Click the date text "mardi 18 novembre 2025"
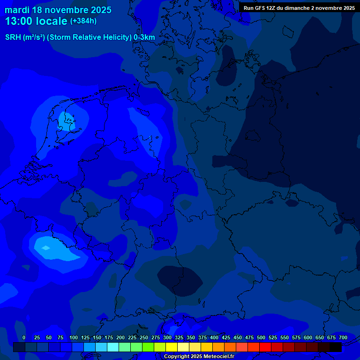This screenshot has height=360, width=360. click(x=58, y=10)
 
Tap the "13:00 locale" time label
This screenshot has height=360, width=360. click(x=37, y=21)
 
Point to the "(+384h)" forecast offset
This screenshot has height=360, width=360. click(x=83, y=21)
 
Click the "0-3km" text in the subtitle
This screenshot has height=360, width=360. click(x=144, y=37)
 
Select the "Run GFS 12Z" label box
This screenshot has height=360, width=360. click(x=299, y=8)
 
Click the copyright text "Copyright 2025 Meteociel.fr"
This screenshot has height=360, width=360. click(x=199, y=356)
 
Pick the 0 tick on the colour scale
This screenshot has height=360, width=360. click(x=24, y=337)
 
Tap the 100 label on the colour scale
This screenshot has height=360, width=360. click(x=74, y=337)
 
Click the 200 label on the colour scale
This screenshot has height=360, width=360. click(x=120, y=337)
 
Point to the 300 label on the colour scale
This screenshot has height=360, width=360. click(x=167, y=337)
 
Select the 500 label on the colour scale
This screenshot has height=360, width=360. click(x=261, y=337)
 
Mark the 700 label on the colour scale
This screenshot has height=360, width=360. click(x=343, y=337)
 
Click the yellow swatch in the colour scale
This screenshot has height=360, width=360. click(x=172, y=347)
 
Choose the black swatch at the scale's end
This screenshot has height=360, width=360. click(x=336, y=347)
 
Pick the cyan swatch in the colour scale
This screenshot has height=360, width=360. click(x=113, y=347)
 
